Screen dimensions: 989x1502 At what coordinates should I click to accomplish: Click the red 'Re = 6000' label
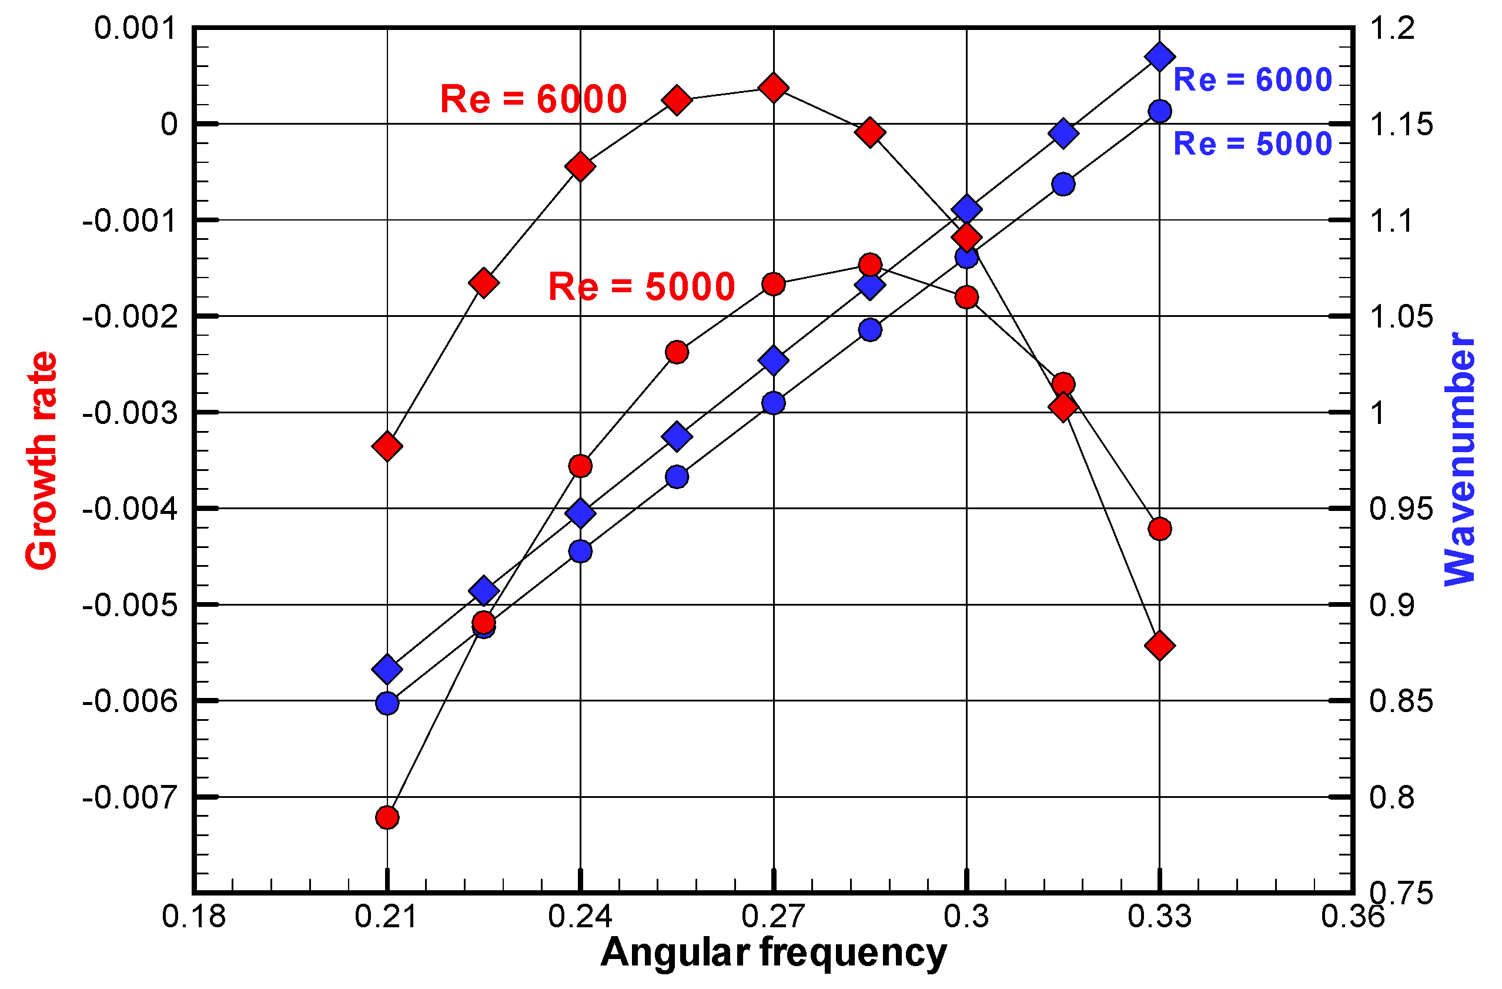click(533, 99)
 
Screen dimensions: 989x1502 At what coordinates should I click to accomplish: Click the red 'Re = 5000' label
click(641, 286)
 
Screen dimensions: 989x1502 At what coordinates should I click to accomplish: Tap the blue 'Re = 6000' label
click(1252, 80)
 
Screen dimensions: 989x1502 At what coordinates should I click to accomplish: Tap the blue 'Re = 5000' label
click(1252, 144)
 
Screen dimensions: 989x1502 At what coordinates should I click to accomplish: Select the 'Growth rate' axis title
click(42, 461)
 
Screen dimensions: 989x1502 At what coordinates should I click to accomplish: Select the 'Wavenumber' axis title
click(1459, 459)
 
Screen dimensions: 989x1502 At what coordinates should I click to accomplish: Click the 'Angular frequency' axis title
click(773, 953)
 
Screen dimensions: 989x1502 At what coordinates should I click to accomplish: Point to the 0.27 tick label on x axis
click(773, 917)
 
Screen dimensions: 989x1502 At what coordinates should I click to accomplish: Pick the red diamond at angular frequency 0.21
click(387, 446)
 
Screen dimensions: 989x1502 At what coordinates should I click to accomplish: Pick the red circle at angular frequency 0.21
click(387, 818)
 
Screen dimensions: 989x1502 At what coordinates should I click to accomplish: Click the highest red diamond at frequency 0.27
click(773, 87)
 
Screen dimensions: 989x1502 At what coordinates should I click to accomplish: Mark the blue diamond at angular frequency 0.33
click(1159, 57)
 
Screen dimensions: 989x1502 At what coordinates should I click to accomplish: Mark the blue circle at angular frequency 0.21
click(387, 703)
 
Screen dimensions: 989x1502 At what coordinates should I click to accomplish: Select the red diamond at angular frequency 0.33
click(1159, 646)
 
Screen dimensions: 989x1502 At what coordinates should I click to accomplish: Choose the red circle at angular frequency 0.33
click(1159, 529)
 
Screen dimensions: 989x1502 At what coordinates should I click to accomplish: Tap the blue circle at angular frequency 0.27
click(773, 403)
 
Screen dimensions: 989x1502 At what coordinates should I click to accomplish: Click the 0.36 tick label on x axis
click(1353, 917)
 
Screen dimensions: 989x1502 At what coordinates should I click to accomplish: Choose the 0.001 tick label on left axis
click(136, 29)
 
